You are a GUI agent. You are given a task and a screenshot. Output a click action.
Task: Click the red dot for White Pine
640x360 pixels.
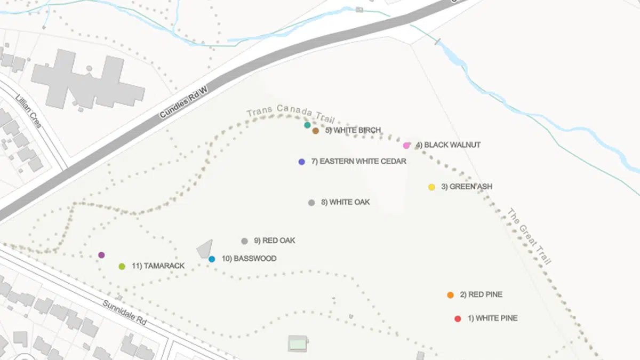click(x=458, y=319)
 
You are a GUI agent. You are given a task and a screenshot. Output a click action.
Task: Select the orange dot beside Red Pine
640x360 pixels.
click(x=451, y=295)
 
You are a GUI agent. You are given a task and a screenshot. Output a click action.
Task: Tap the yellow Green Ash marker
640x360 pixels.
click(x=431, y=187)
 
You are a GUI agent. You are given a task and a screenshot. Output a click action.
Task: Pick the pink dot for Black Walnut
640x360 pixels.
click(x=406, y=145)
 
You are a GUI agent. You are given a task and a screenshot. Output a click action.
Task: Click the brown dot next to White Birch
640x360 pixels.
click(x=316, y=131)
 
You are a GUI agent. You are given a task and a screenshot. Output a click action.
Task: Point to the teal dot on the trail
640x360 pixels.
click(x=307, y=125)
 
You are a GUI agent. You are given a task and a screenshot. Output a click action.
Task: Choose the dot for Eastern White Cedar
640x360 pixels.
click(x=302, y=162)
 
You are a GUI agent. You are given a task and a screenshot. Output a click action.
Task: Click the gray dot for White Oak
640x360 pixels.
click(x=311, y=203)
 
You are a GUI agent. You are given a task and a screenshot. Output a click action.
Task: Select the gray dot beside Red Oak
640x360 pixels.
click(x=244, y=241)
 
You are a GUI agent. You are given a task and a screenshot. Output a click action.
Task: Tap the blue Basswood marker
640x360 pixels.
click(x=212, y=259)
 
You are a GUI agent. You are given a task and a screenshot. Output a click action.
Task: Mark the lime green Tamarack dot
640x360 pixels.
click(x=122, y=266)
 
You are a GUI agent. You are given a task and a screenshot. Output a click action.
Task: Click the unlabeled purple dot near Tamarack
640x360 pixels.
click(x=101, y=255)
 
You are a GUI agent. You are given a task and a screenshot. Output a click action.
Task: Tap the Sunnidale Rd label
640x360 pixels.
click(x=125, y=313)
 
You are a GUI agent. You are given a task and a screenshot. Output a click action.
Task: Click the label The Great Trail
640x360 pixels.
click(x=529, y=236)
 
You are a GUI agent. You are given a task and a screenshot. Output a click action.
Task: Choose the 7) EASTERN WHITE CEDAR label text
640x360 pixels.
click(x=358, y=162)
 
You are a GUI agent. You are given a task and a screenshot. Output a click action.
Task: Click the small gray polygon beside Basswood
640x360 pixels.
click(x=204, y=249)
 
